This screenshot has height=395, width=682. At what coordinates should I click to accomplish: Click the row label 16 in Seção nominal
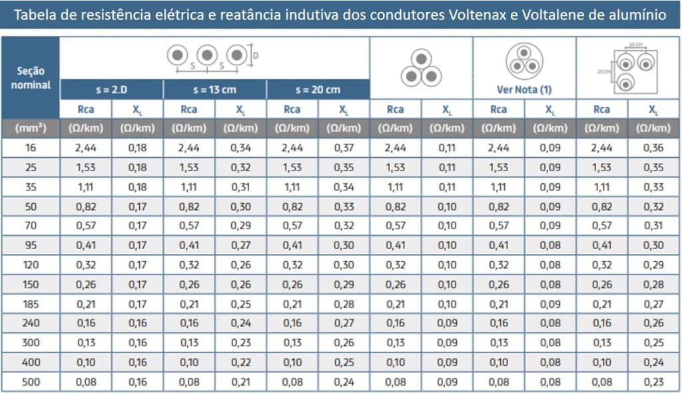(31, 148)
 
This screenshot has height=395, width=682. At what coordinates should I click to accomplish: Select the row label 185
(31, 304)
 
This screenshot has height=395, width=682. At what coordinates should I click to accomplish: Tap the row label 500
(31, 382)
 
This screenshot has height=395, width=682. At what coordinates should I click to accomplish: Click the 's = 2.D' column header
(111, 89)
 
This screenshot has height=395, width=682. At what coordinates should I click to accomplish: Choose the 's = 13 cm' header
(214, 89)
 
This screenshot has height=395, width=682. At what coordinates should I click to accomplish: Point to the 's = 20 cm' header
(318, 89)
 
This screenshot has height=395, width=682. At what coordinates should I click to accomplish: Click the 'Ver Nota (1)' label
(524, 89)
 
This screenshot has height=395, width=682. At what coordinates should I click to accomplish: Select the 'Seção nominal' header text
(31, 77)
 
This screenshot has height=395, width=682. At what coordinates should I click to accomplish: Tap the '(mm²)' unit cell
(31, 128)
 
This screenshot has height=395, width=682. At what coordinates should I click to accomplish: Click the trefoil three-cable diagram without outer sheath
(421, 68)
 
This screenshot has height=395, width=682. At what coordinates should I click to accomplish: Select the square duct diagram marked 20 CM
(628, 68)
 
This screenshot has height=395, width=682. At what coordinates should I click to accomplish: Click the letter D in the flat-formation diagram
(256, 56)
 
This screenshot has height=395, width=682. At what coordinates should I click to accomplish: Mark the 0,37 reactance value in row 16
(343, 148)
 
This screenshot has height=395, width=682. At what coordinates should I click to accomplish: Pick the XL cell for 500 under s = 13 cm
(240, 382)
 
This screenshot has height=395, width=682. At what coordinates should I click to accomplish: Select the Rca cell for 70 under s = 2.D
(86, 226)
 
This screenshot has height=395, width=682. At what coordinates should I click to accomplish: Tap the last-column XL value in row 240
(653, 324)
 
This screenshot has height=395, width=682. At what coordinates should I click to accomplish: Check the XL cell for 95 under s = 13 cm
(240, 246)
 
